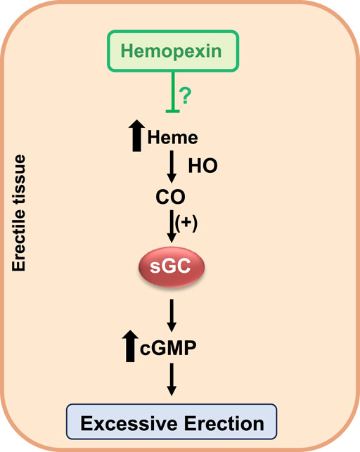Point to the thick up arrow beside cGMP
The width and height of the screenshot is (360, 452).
click(x=129, y=347)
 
